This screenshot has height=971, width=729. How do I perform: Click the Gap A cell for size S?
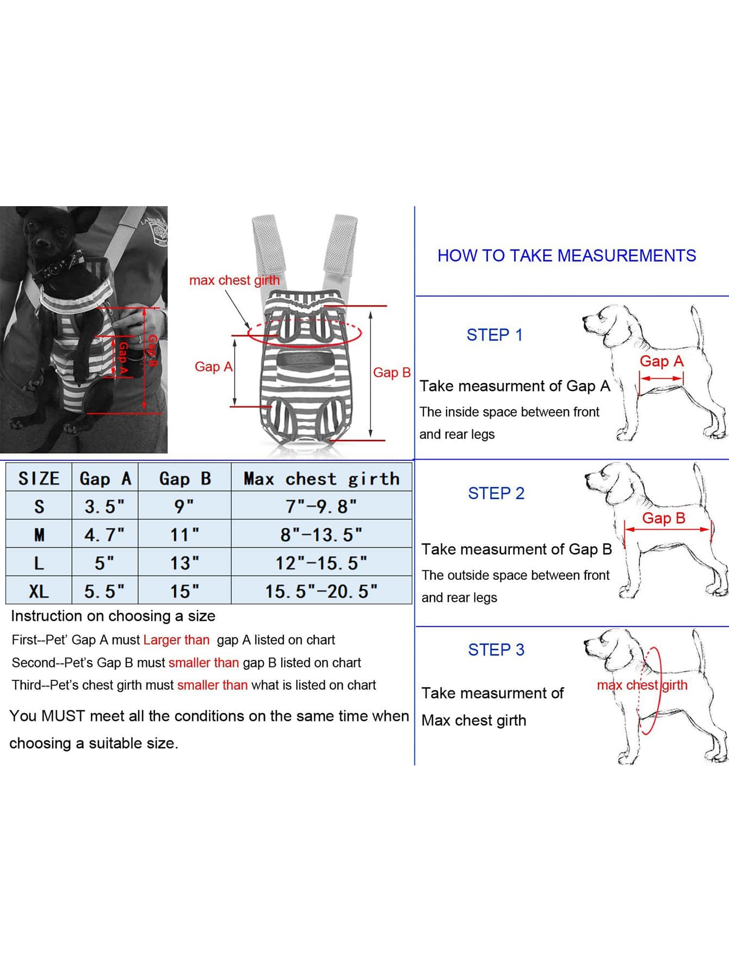coord(104,506)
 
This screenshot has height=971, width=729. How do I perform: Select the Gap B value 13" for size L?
coord(184,563)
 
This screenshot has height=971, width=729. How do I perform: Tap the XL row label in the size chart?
coord(39,591)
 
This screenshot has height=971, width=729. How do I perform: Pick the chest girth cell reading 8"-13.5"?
coord(321,535)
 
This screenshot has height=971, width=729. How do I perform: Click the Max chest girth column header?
coord(321,479)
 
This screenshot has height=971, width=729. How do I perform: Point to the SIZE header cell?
coord(39,479)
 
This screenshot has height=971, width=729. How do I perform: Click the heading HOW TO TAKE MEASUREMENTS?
coord(566,256)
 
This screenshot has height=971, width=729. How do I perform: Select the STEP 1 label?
coord(495,335)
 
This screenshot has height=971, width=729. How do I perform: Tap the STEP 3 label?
coord(496,650)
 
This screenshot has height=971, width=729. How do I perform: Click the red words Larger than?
coord(176,640)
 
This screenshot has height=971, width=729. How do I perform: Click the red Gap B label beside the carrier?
coord(392,373)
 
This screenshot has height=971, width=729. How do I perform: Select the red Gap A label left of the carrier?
coord(213,367)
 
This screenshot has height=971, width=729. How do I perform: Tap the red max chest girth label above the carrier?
coord(234,280)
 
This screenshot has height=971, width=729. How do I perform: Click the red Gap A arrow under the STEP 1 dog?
coord(661,378)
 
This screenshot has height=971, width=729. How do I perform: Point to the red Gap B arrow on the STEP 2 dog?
coord(668,529)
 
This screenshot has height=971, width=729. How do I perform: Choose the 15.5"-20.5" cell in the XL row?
coord(321,591)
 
